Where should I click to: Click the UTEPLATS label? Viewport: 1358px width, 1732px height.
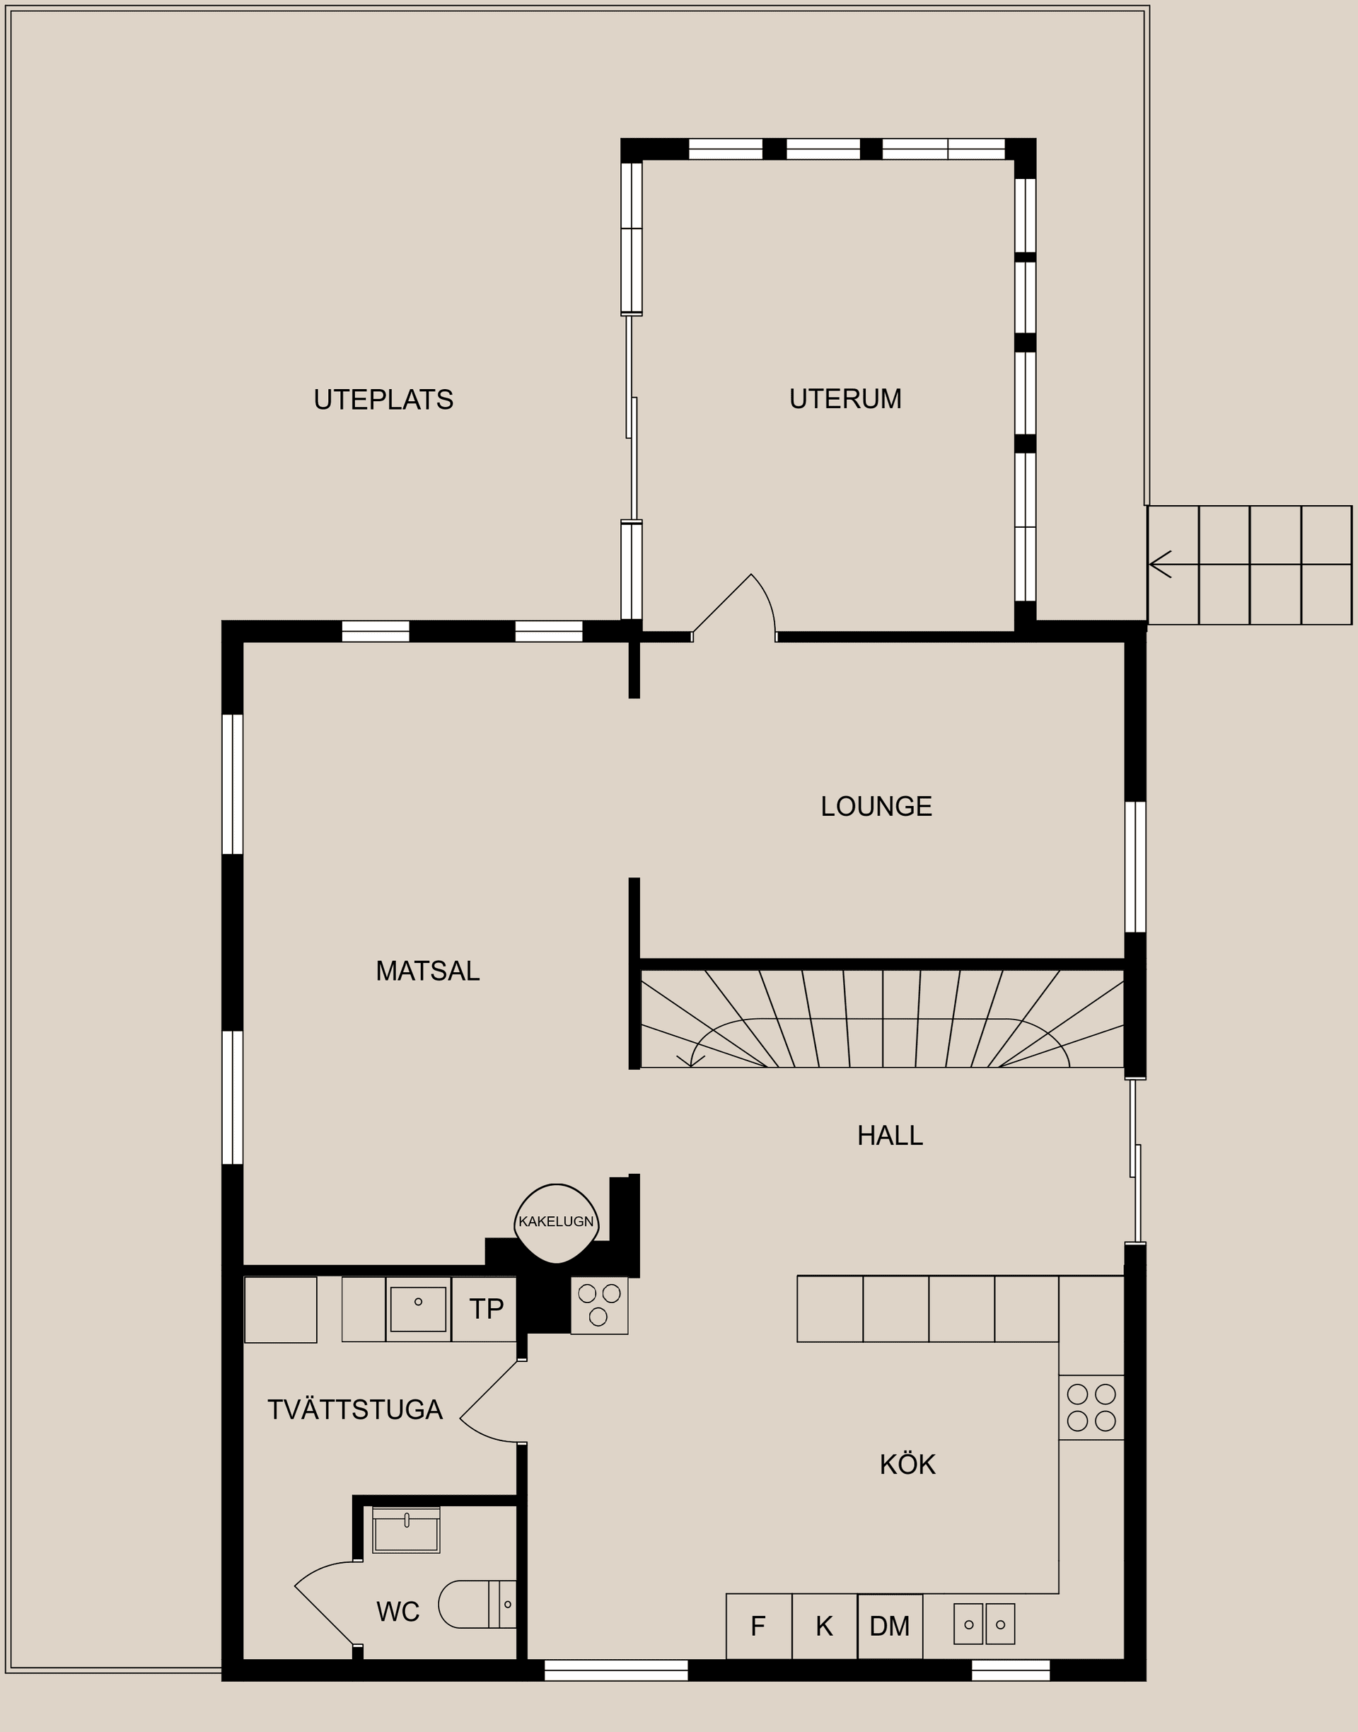[383, 399]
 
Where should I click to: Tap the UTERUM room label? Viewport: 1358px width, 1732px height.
[845, 398]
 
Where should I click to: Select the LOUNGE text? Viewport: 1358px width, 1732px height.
[876, 807]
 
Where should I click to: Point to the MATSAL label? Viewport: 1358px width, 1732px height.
[428, 971]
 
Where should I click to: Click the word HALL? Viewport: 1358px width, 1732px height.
[890, 1136]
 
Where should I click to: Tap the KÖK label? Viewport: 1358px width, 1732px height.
[907, 1465]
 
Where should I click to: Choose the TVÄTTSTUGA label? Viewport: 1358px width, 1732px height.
[354, 1410]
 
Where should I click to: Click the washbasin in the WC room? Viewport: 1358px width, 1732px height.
[405, 1531]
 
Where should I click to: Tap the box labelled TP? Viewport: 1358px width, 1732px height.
[485, 1309]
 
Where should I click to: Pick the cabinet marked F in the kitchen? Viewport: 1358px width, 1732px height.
[758, 1627]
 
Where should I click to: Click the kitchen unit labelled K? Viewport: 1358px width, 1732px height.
[825, 1627]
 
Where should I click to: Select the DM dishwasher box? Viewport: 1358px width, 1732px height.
[890, 1627]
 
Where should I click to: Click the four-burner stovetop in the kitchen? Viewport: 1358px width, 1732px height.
[1091, 1407]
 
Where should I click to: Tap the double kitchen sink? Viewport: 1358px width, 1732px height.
[984, 1624]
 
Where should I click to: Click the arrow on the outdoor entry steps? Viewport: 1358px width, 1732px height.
[1161, 565]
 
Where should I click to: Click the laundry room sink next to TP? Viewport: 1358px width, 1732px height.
[418, 1309]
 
